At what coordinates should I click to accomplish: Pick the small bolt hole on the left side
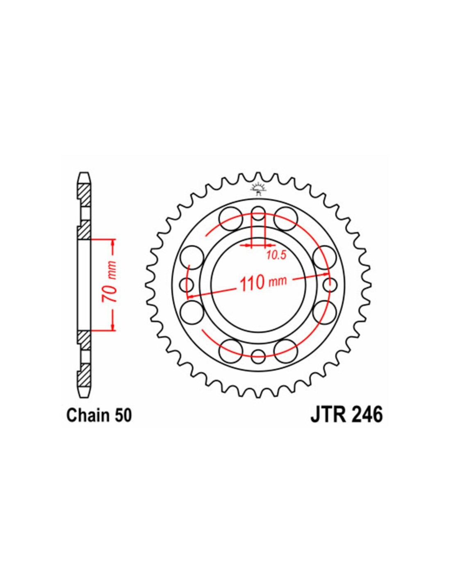(x=187, y=285)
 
